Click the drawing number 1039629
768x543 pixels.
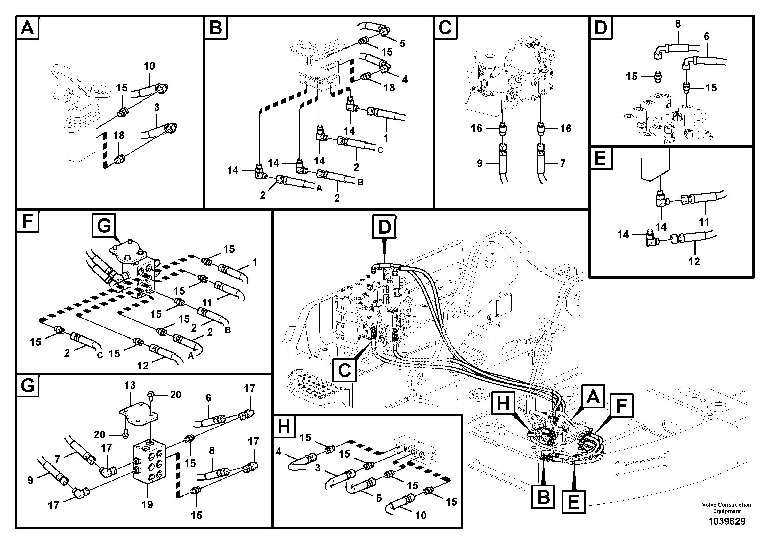tap(726, 521)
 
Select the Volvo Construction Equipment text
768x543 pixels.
tap(726, 508)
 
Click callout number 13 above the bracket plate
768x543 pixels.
tap(130, 385)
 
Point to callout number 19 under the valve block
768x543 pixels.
tap(147, 504)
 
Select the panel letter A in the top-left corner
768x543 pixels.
tap(27, 27)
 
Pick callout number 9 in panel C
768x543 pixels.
tap(479, 163)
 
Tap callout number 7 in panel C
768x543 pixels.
tap(563, 163)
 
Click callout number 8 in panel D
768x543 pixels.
tap(678, 24)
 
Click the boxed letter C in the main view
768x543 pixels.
tap(345, 370)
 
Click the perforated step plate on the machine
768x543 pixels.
tap(311, 385)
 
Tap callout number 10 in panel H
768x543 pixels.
tap(421, 516)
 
